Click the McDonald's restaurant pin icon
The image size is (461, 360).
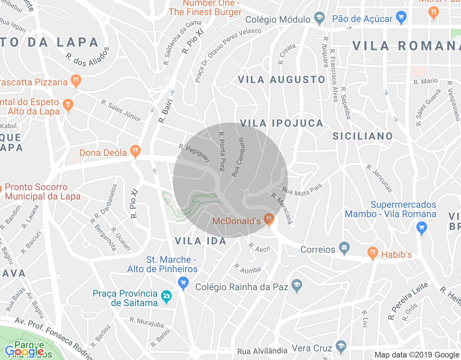click(269, 219)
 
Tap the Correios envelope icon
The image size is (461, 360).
click(344, 248)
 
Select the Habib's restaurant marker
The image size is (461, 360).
click(373, 253)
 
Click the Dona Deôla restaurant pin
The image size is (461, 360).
click(135, 151)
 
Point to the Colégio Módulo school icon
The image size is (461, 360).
click(319, 18)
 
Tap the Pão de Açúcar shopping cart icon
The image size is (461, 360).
click(401, 17)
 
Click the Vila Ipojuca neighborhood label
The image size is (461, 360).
click(282, 123)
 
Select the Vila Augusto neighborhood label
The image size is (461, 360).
click(282, 80)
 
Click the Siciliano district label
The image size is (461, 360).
click(362, 136)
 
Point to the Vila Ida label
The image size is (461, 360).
click(201, 241)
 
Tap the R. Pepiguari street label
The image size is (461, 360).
click(194, 153)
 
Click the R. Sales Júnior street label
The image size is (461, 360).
click(121, 111)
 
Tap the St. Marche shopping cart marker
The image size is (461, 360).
click(183, 283)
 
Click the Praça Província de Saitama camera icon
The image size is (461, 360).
click(166, 297)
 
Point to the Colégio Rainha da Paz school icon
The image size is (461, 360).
click(297, 286)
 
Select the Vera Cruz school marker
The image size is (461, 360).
click(341, 346)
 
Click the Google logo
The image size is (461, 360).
click(24, 351)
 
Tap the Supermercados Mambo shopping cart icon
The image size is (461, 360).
click(421, 228)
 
